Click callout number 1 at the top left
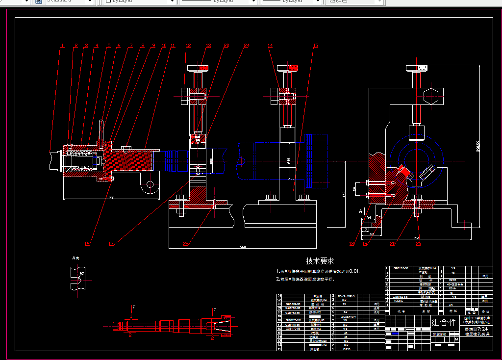(63, 46)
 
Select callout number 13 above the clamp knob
(208, 46)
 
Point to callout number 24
(247, 46)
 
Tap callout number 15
(315, 46)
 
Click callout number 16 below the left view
(87, 243)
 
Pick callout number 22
(186, 243)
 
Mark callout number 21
(418, 243)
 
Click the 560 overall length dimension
(244, 246)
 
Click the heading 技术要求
(320, 261)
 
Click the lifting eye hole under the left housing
(150, 185)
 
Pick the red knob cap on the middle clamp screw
(285, 67)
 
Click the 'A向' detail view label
(75, 257)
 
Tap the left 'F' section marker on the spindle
(133, 308)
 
